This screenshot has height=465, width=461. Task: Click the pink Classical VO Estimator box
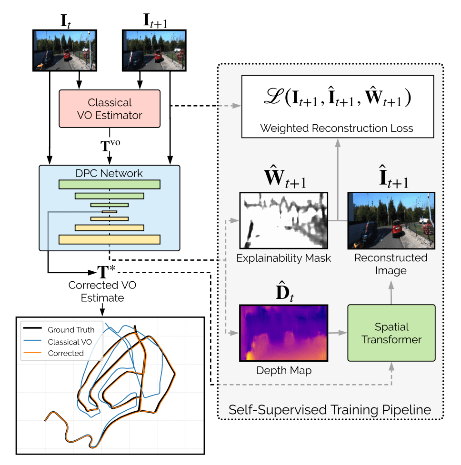[110, 109]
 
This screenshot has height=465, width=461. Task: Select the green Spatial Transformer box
[391, 333]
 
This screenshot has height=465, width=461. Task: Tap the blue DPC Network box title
[110, 173]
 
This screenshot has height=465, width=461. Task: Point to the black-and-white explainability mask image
[284, 220]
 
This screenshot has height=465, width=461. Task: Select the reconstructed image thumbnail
[391, 220]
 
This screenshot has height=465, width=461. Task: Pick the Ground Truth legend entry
[71, 329]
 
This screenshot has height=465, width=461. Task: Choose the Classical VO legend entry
[70, 341]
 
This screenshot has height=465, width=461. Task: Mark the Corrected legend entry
[66, 353]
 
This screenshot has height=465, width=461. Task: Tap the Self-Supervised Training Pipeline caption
[330, 409]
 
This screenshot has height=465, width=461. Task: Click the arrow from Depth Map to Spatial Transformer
[337, 333]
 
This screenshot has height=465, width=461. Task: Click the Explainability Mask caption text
[284, 258]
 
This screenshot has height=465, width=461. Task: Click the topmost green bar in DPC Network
[109, 184]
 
